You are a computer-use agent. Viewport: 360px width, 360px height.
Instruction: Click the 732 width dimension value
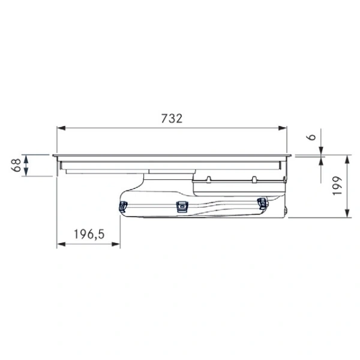[172, 118]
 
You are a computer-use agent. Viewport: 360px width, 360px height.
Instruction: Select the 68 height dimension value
[16, 166]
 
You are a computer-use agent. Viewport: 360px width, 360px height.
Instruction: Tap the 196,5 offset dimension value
[89, 234]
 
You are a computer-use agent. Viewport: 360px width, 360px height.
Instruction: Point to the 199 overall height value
[337, 186]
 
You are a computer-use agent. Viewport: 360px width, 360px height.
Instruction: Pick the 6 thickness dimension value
[311, 137]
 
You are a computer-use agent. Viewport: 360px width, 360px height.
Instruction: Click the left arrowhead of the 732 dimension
[61, 128]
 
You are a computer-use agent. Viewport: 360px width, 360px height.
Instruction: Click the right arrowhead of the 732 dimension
[283, 128]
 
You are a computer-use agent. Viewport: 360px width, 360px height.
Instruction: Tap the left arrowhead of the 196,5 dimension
[61, 244]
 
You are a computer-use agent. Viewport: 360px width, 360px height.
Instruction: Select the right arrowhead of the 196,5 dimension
[116, 244]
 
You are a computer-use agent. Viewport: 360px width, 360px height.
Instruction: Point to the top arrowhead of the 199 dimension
[347, 160]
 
